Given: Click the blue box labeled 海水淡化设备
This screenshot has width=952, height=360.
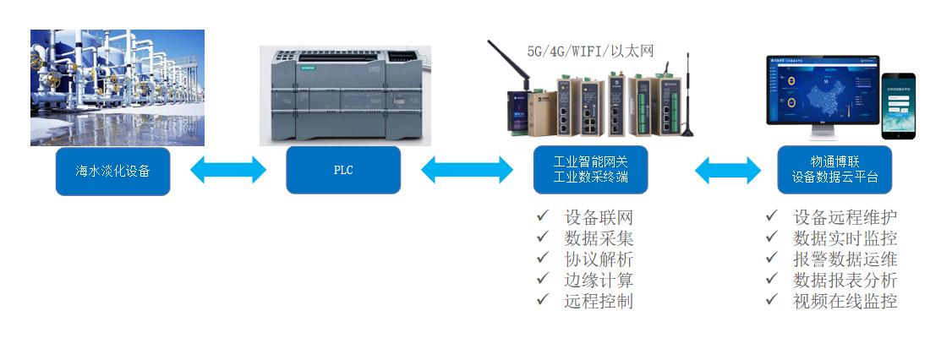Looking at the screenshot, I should click(112, 171).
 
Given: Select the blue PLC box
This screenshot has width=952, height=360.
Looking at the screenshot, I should click(343, 171).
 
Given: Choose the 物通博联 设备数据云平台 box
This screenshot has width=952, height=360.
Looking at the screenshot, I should click(834, 171).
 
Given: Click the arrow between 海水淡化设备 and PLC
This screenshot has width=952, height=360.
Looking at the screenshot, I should click(228, 171).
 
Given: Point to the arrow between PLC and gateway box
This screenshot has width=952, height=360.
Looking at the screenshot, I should click(467, 171).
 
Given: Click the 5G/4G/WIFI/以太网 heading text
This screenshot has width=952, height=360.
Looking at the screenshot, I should click(591, 52).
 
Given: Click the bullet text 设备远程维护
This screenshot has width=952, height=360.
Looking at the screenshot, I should click(845, 218).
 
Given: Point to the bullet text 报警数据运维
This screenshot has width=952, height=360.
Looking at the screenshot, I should click(845, 259).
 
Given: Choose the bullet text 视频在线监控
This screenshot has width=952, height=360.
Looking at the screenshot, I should click(845, 301).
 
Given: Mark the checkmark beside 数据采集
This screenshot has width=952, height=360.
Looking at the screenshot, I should click(543, 238).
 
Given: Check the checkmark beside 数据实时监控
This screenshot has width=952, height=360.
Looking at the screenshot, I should click(771, 238).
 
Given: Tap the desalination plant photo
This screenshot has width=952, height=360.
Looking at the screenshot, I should click(118, 88).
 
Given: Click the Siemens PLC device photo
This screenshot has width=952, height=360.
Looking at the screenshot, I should click(345, 95).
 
